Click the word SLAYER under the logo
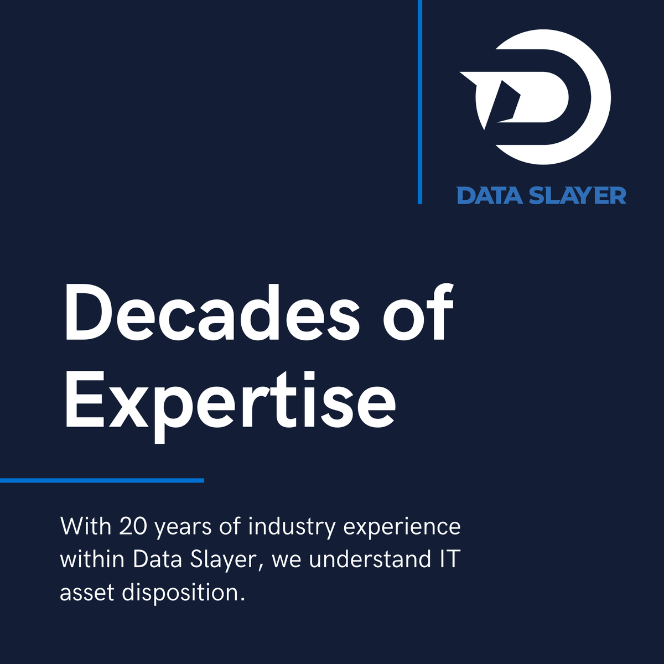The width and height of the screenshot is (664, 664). pos(578,195)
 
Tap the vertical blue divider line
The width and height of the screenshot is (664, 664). pos(420,102)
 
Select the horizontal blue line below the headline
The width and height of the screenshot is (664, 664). pos(102,480)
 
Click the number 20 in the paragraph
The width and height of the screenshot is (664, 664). pos(133,526)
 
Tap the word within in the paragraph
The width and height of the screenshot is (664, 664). pos(92,559)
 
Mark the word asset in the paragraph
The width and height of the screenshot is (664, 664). pos(87,593)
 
